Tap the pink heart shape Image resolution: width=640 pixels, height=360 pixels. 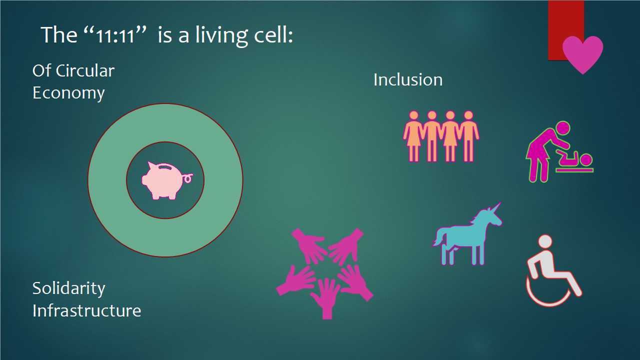(x=583, y=53)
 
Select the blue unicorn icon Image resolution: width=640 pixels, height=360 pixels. (x=467, y=234)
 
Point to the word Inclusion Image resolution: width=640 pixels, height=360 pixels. (x=408, y=79)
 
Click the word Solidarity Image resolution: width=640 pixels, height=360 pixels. (x=69, y=288)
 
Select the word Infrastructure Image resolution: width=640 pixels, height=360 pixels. (x=87, y=310)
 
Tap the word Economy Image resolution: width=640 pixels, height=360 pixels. (x=68, y=93)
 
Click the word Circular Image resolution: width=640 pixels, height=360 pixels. (x=85, y=70)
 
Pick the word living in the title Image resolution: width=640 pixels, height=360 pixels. (x=221, y=35)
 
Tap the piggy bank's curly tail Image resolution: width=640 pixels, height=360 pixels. (x=187, y=178)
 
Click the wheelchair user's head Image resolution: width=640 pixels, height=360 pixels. (x=545, y=241)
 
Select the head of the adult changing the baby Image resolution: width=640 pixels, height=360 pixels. (x=562, y=128)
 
